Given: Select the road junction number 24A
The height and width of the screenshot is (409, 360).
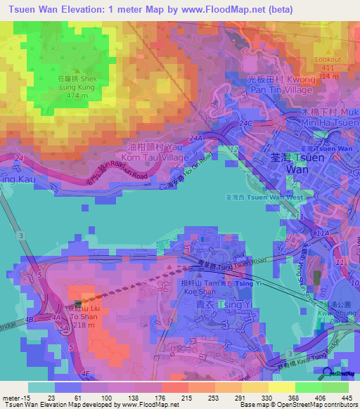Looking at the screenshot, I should coord(195,139).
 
